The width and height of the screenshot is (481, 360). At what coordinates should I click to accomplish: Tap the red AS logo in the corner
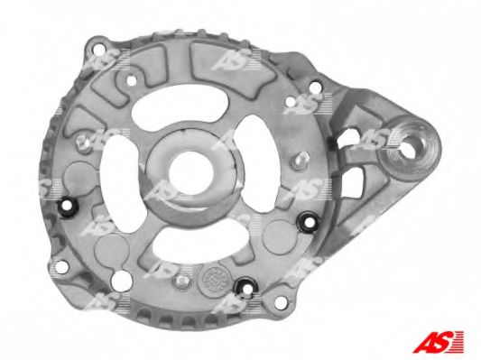click(x=438, y=342)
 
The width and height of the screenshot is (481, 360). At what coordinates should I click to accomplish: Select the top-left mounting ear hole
click(x=99, y=49)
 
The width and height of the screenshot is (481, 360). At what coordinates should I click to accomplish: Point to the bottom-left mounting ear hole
click(x=61, y=267)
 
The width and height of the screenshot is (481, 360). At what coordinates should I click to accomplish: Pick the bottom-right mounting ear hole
click(x=281, y=302)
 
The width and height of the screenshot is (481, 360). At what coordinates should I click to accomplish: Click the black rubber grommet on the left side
click(x=68, y=208)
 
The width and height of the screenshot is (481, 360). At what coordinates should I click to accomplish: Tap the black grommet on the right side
click(x=309, y=221)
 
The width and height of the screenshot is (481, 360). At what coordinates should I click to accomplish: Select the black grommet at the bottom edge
click(x=245, y=288)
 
